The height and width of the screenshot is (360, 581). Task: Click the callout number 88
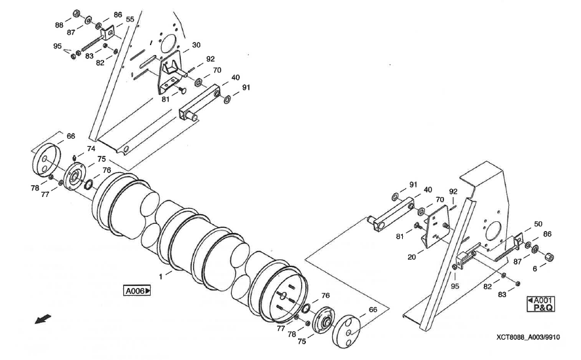(59, 25)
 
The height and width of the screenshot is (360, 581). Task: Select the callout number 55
(130, 20)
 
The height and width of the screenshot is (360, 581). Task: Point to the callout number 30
(196, 46)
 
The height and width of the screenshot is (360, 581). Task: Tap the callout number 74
(91, 149)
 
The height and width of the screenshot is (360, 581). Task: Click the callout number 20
(411, 257)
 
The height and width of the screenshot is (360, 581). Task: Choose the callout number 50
(538, 224)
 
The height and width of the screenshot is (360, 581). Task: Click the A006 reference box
(136, 290)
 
